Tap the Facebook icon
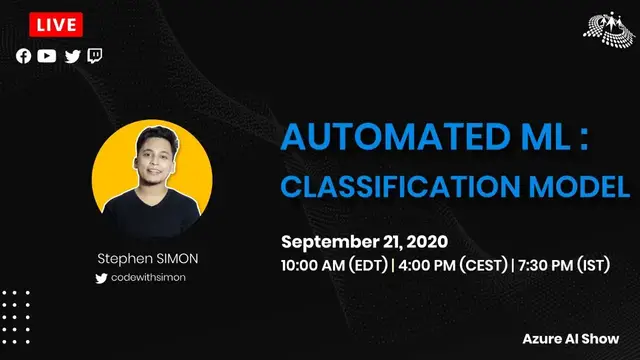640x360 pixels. coord(23,56)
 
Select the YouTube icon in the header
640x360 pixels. coord(47,56)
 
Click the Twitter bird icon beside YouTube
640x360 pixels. coord(72,56)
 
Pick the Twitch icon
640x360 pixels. coord(95,56)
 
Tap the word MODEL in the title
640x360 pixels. coord(590,185)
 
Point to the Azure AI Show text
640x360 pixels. coord(577,339)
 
